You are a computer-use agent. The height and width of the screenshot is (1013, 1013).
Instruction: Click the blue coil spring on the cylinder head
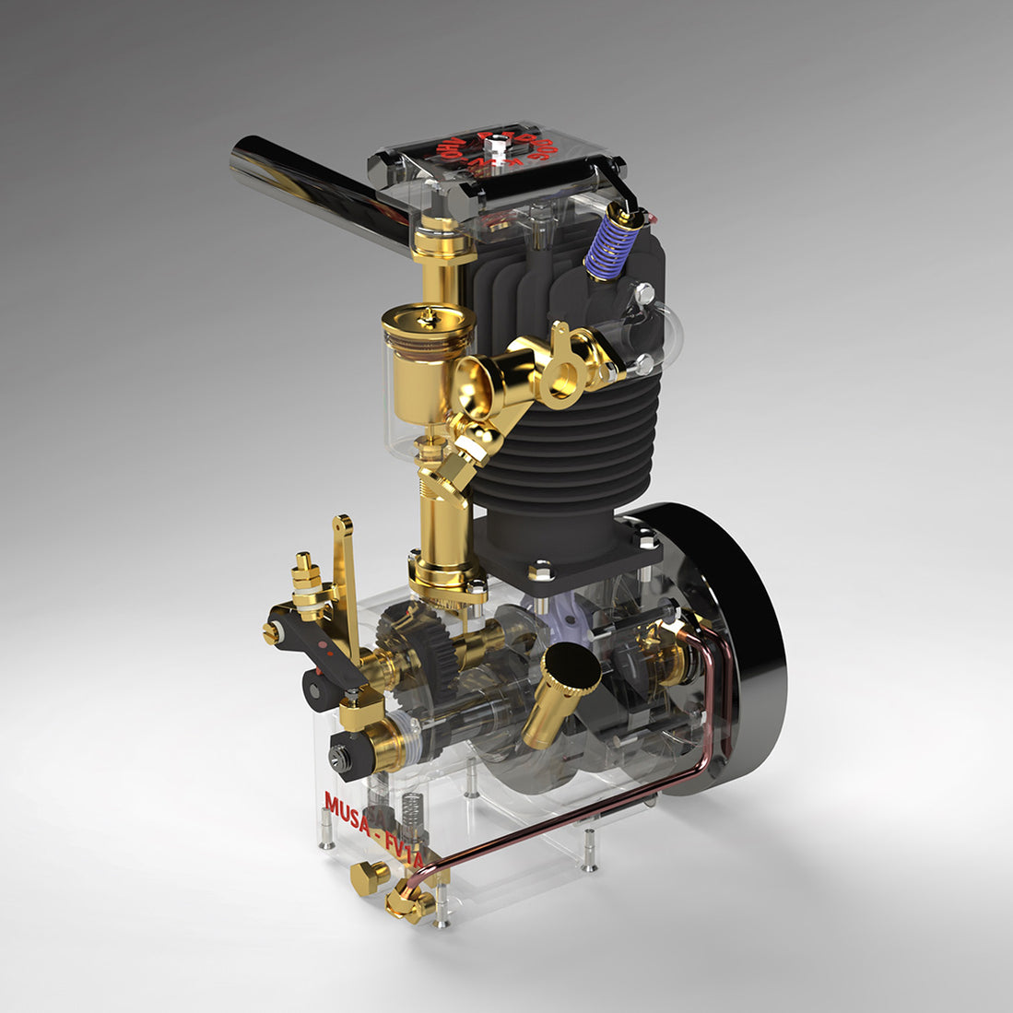(x=609, y=244)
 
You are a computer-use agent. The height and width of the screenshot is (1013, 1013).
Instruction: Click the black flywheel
(x=737, y=645)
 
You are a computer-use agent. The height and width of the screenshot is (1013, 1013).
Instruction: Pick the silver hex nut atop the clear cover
(x=498, y=141)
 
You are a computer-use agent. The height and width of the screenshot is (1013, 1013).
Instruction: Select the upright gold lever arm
(x=346, y=581)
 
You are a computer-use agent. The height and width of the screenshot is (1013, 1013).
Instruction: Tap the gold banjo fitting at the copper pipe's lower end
(x=410, y=899)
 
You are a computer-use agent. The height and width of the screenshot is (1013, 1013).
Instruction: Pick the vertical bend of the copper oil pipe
(x=729, y=701)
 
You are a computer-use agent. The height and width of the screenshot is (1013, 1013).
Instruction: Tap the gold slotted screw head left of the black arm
(x=271, y=632)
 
